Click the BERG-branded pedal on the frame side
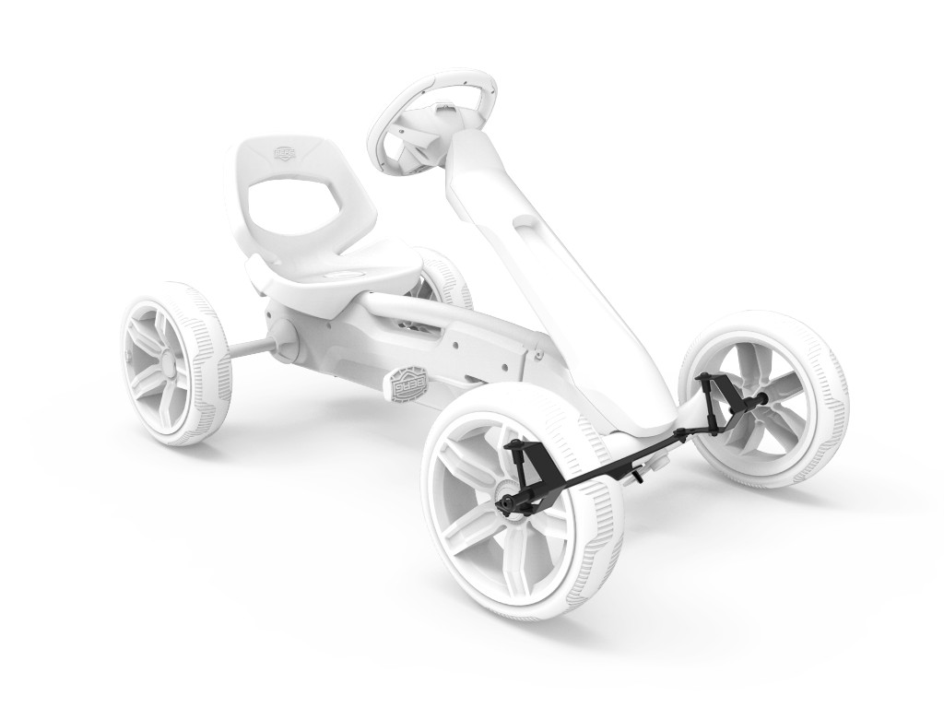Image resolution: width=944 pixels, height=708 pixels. pos(406,384)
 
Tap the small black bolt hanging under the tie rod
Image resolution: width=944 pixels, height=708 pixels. pos(638,477)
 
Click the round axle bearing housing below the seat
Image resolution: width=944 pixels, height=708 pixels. pos(287,342)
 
